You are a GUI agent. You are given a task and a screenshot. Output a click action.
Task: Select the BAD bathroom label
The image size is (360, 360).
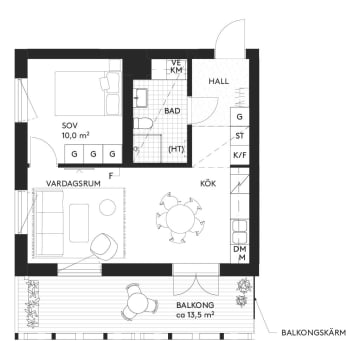[x=172, y=111]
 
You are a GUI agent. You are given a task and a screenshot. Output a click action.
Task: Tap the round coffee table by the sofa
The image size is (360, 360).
[x=108, y=207]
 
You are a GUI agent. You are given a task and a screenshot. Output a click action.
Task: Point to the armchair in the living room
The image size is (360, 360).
[x=103, y=243]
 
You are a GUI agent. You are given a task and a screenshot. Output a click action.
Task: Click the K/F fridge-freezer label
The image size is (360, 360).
[x=240, y=155]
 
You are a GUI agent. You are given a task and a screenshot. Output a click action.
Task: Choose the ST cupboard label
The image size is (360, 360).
[x=240, y=135]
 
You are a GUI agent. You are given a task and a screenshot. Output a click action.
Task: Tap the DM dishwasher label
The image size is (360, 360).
[x=241, y=248]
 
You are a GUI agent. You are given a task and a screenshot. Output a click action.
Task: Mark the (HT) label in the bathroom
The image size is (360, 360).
[x=177, y=150]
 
